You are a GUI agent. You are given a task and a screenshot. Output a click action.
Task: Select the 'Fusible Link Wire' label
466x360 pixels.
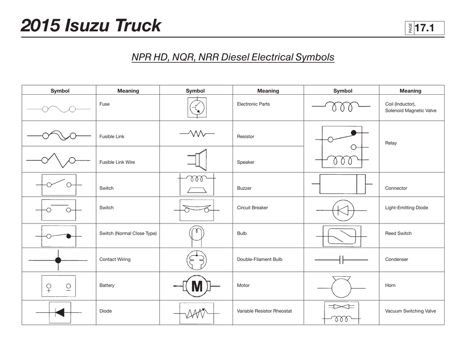(117, 162)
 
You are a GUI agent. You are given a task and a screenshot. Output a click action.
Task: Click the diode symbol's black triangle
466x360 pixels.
(60, 312)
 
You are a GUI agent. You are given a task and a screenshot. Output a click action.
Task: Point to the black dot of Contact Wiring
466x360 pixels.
(58, 260)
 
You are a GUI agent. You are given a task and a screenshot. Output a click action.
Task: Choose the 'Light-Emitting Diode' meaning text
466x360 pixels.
(406, 208)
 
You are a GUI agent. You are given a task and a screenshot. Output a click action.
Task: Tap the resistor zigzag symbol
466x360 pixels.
(198, 134)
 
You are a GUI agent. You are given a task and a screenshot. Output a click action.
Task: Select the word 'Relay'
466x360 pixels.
(391, 143)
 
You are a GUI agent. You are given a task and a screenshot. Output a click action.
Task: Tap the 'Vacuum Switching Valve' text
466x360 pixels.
(410, 311)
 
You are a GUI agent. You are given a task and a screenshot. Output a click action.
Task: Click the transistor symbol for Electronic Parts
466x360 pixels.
(197, 107)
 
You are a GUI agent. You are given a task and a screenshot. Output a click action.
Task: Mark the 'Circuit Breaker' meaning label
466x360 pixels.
(252, 208)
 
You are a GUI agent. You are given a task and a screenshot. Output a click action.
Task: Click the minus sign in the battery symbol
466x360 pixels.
(68, 290)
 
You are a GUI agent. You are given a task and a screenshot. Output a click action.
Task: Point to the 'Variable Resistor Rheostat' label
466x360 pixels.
(264, 311)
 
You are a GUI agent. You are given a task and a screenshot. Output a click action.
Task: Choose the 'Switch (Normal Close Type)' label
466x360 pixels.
(128, 233)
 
